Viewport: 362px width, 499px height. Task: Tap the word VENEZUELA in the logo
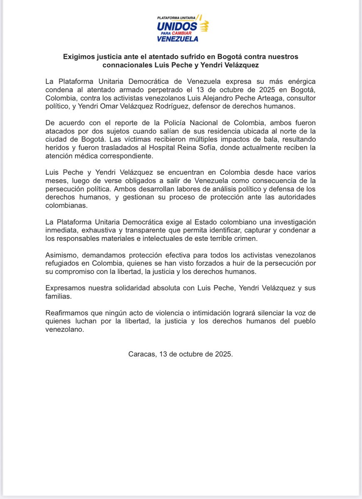(178, 39)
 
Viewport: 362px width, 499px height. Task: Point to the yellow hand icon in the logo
(204, 27)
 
